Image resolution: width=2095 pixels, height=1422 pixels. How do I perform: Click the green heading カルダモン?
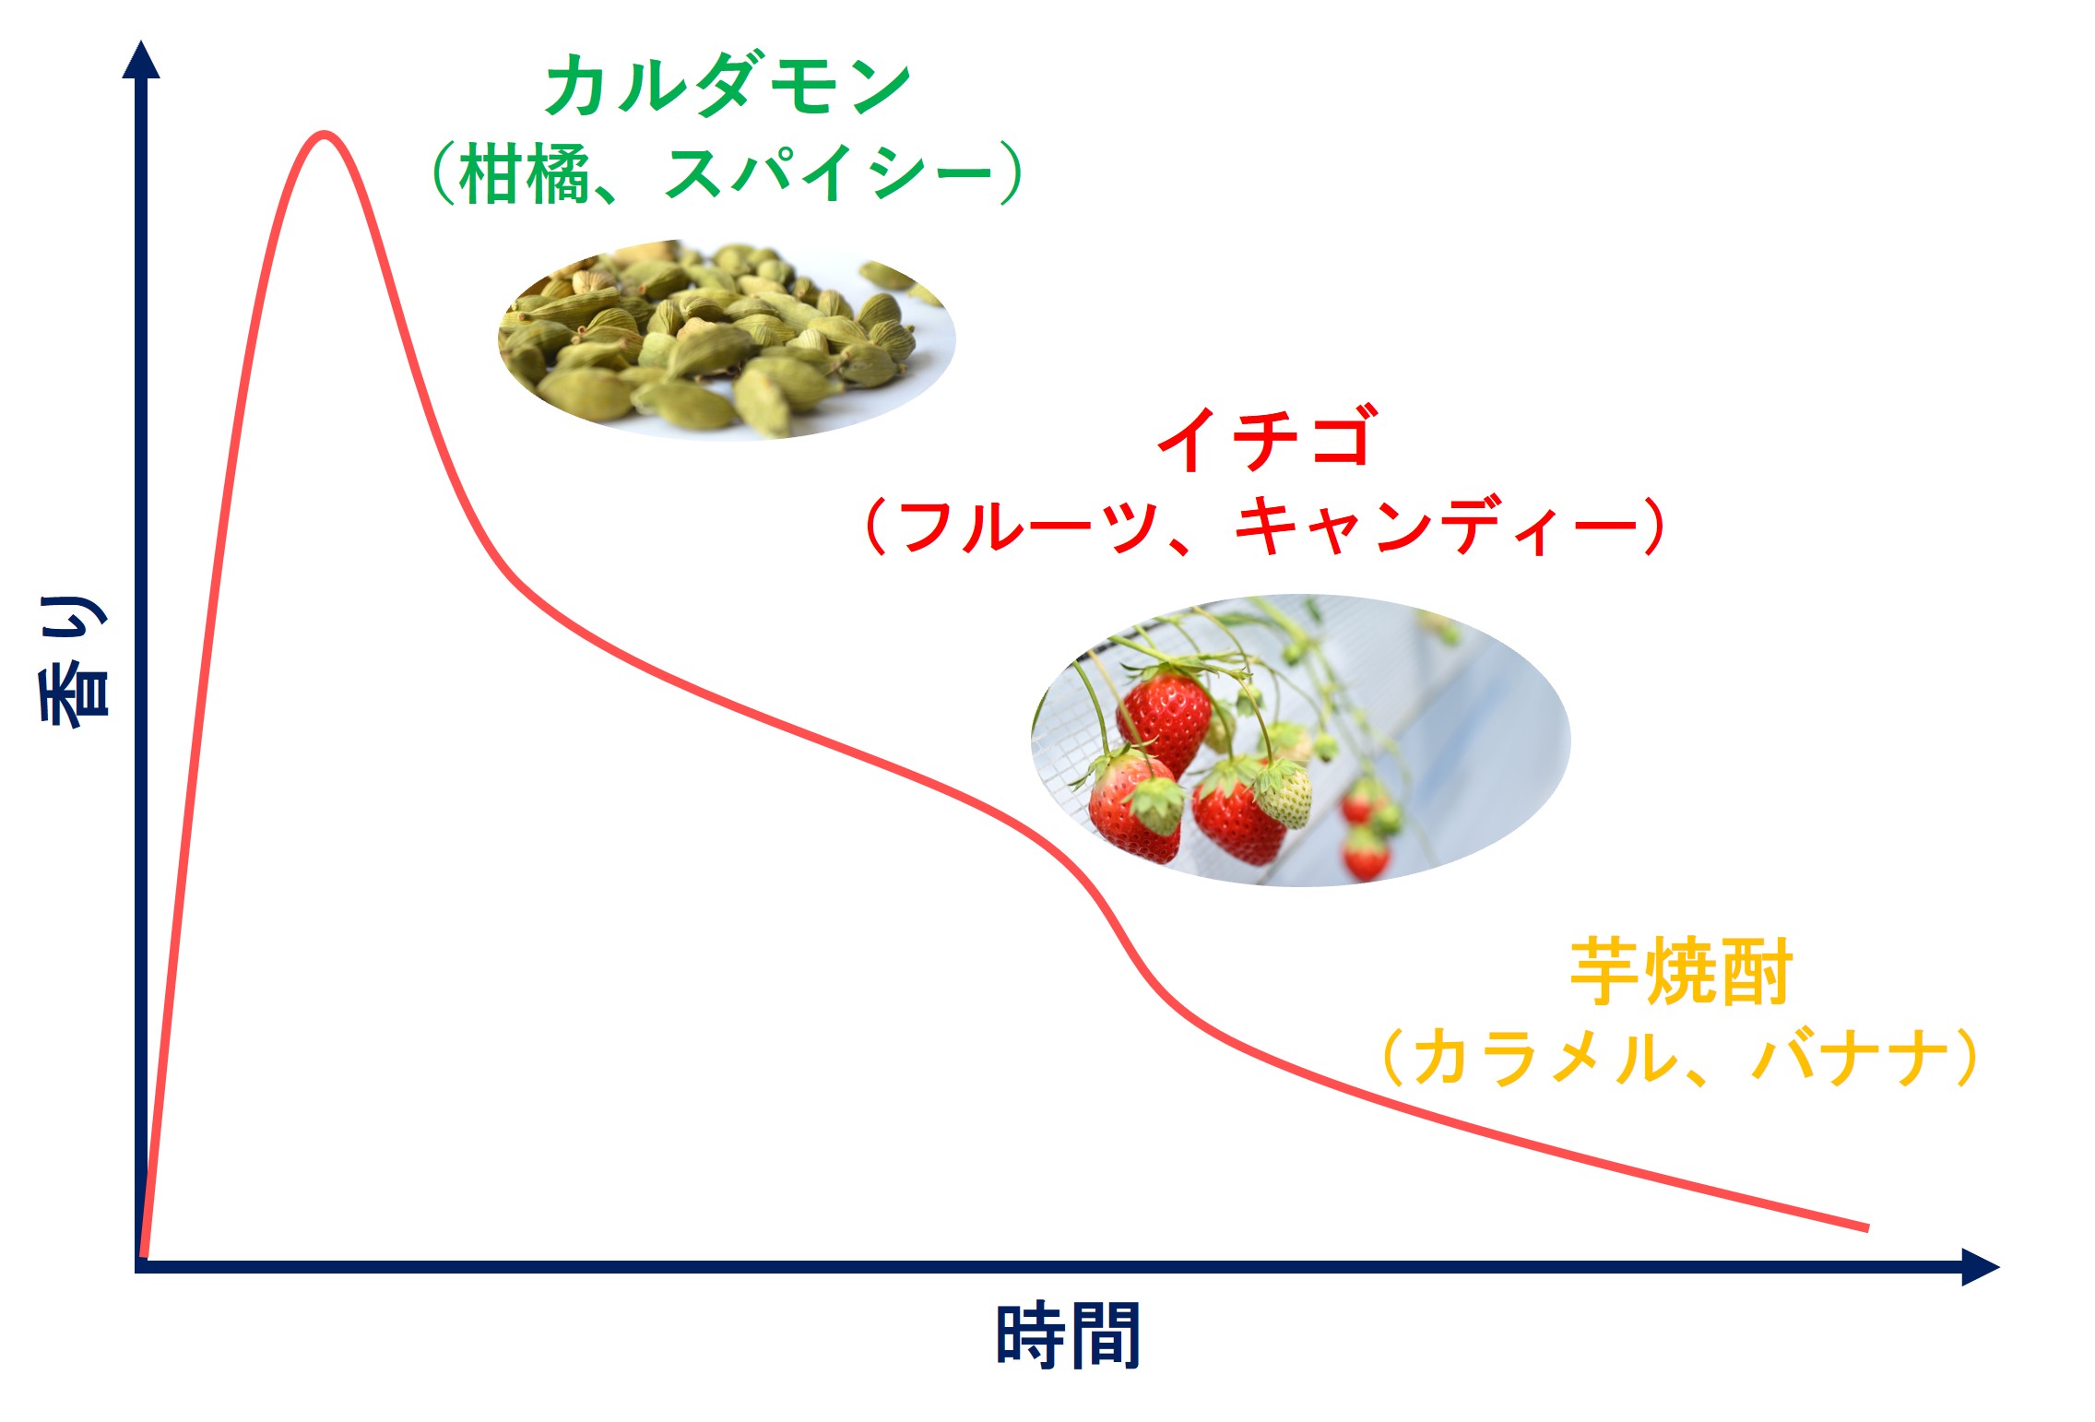coord(728,85)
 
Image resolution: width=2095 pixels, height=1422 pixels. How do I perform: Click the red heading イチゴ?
coord(1268,438)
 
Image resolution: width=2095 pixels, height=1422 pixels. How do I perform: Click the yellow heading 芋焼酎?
coord(1680,970)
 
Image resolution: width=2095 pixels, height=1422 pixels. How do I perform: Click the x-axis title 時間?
coord(1069,1335)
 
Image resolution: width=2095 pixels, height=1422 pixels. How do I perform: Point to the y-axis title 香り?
coord(73,661)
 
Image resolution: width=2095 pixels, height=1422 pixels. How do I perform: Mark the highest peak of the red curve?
coord(324,135)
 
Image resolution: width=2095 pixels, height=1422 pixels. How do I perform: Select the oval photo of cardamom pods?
coord(727,339)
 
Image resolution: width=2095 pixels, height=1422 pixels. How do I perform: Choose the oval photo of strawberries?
coord(1300,741)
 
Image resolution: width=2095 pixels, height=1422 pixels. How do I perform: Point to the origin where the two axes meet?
coord(141,1266)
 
